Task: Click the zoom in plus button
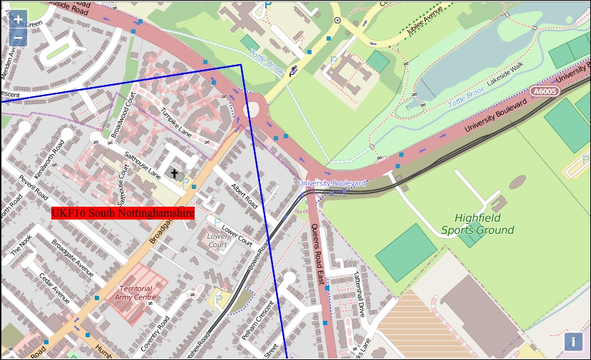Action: (x=18, y=20)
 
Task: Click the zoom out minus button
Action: (x=18, y=38)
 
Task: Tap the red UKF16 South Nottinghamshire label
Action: (x=123, y=212)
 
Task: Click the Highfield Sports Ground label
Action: (x=477, y=224)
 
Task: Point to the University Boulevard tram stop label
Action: (x=332, y=183)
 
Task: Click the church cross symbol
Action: (x=175, y=173)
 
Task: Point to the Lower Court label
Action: (x=217, y=240)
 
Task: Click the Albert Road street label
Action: (x=244, y=195)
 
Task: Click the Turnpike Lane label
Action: (x=176, y=122)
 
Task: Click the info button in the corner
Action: (x=572, y=341)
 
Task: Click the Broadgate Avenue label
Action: (x=73, y=258)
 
